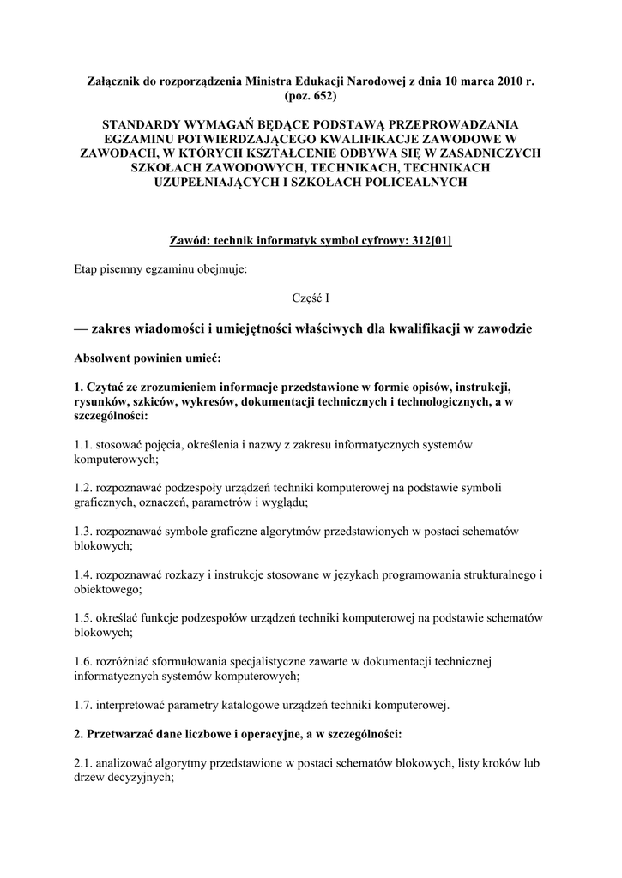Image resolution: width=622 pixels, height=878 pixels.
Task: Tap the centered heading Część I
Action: tap(310, 298)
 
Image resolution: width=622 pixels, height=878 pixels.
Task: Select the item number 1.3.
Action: tap(83, 531)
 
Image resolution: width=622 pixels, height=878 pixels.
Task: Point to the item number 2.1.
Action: tap(83, 763)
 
